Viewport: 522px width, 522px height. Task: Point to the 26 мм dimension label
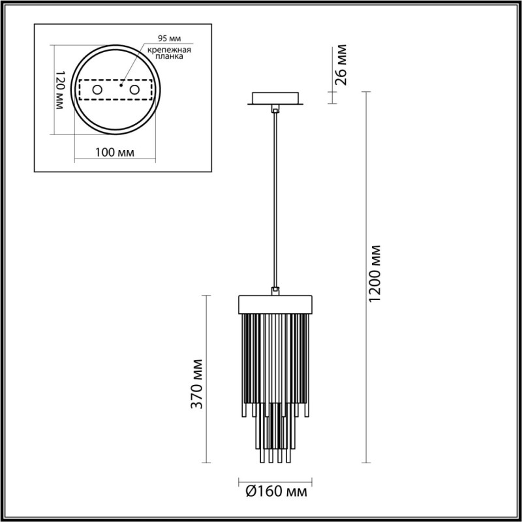tap(340, 65)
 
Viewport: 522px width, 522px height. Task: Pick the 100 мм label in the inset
tap(115, 153)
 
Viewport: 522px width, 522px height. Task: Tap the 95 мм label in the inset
tap(169, 38)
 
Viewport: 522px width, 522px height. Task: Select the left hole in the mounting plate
tap(97, 89)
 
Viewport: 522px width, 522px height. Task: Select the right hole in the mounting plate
tap(135, 89)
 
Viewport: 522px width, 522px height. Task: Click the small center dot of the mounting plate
tap(121, 84)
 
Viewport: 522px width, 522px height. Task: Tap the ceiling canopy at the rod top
tap(275, 99)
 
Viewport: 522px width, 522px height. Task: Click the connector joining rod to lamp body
tap(275, 291)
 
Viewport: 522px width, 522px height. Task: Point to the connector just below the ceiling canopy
tap(275, 111)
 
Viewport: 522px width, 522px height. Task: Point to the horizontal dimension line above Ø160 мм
tap(275, 477)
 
